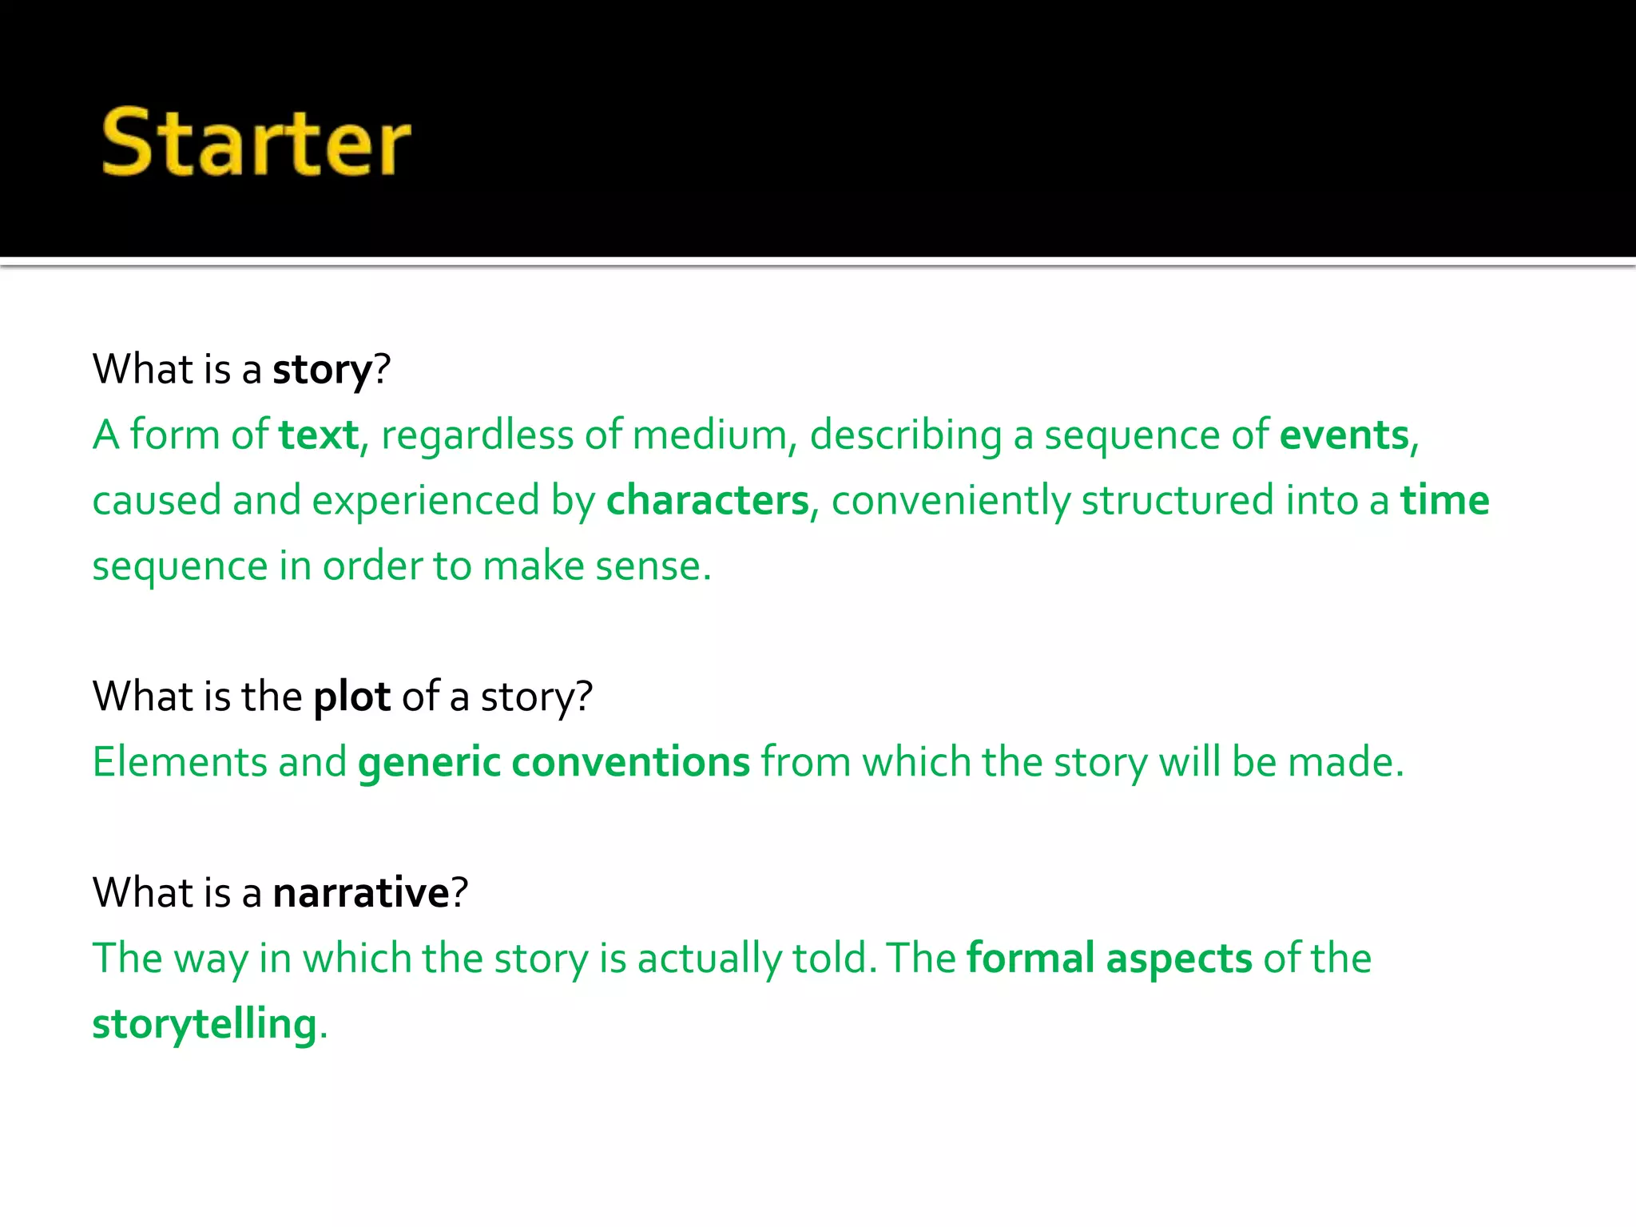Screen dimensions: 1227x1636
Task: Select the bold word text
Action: [319, 435]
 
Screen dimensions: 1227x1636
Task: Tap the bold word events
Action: [1344, 435]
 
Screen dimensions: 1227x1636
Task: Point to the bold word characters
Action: [708, 501]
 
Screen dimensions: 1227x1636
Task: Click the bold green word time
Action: [1444, 501]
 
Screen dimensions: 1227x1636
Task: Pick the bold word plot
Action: [351, 697]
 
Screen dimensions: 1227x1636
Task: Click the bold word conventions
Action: [630, 762]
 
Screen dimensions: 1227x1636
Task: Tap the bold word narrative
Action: [361, 892]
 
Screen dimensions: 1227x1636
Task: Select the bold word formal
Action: [1030, 958]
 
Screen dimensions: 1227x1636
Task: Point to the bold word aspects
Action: [1179, 959]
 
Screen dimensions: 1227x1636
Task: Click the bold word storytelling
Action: [204, 1024]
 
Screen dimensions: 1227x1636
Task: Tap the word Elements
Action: [180, 762]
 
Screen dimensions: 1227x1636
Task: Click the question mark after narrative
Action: [460, 892]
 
